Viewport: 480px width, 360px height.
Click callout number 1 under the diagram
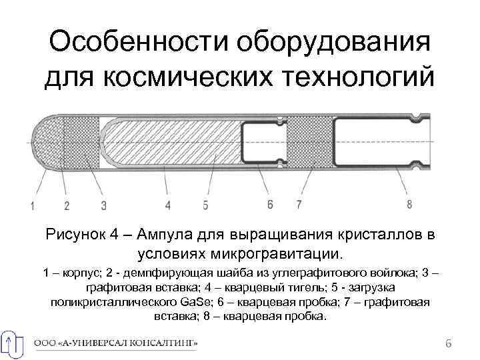(31, 205)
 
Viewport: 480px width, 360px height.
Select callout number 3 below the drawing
(103, 205)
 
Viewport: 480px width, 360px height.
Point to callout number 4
(168, 205)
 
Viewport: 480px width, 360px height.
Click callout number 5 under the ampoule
(206, 205)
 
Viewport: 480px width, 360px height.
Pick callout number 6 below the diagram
(269, 204)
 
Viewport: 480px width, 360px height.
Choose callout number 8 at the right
(409, 204)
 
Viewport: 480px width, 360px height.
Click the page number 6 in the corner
(448, 343)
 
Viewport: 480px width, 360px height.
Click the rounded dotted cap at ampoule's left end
(44, 143)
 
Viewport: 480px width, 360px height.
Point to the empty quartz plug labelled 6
(261, 143)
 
